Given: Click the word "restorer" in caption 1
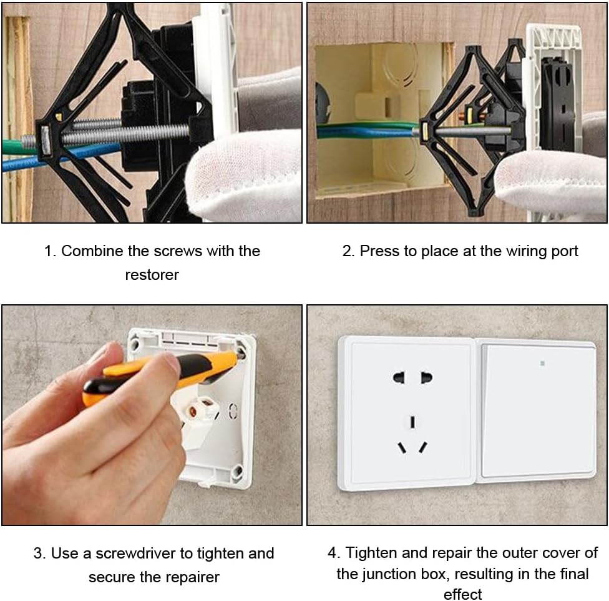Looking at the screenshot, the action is pyautogui.click(x=152, y=275).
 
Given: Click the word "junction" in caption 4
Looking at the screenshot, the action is pyautogui.click(x=389, y=574).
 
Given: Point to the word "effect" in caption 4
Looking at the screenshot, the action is pyautogui.click(x=462, y=594).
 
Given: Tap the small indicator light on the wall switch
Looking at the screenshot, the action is pyautogui.click(x=542, y=364).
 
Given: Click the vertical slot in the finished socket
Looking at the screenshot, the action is pyautogui.click(x=412, y=422).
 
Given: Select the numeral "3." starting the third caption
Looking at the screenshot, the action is pyautogui.click(x=39, y=553).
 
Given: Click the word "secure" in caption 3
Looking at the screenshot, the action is pyautogui.click(x=112, y=577).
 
